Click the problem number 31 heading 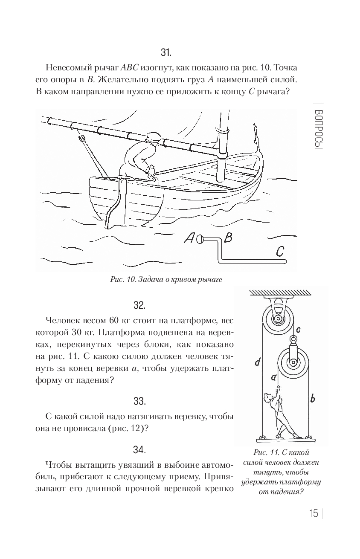coord(166,52)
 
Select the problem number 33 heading coord(139,401)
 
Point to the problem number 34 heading coord(139,449)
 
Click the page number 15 coord(314,513)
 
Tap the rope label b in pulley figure coord(312,399)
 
